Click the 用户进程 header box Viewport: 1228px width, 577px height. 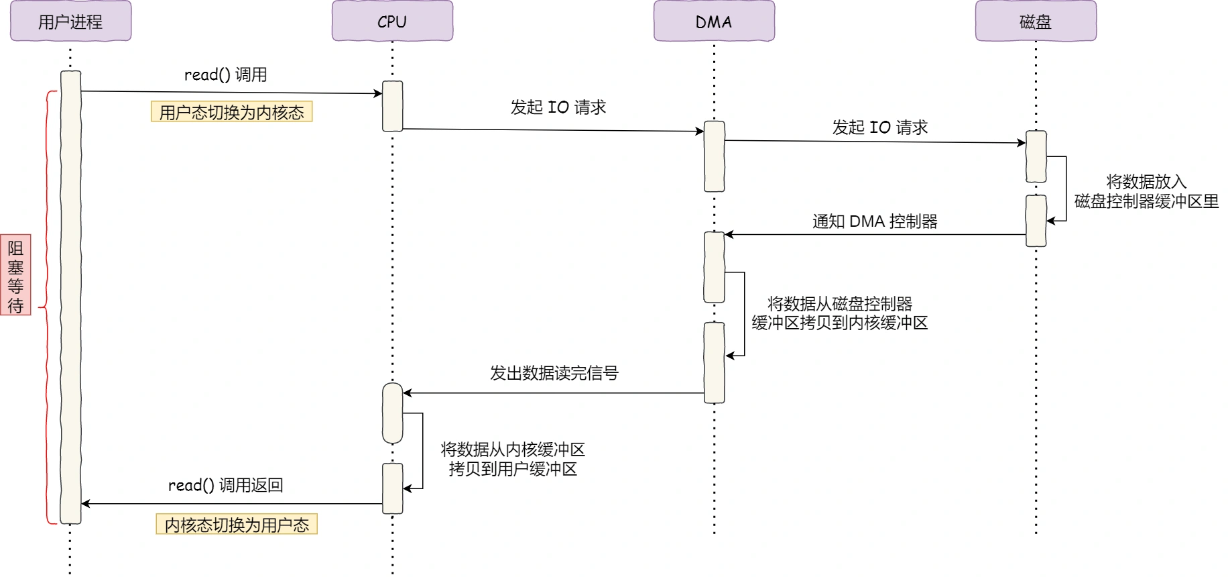[x=70, y=21]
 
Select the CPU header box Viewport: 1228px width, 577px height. [x=392, y=21]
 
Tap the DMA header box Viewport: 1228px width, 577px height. [x=714, y=21]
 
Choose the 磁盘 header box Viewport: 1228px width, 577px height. [x=1036, y=21]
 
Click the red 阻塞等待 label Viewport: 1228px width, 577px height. [x=15, y=275]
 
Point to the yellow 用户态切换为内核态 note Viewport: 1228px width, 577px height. [x=231, y=111]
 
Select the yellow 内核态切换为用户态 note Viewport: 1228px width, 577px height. [x=237, y=524]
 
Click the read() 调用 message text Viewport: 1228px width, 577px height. [x=225, y=74]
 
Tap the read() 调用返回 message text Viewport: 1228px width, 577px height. [x=225, y=485]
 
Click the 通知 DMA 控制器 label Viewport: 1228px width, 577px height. [x=875, y=221]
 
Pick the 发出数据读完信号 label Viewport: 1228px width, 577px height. [x=554, y=373]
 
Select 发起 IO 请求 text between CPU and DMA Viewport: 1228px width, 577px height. [x=558, y=107]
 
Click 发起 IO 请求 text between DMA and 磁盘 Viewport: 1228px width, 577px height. [x=879, y=127]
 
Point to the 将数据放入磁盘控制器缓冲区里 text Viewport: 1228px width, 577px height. [x=1146, y=191]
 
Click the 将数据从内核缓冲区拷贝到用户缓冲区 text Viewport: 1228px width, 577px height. [x=513, y=459]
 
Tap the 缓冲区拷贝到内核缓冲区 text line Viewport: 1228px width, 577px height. [x=839, y=323]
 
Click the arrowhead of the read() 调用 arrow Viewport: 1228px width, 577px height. [x=378, y=94]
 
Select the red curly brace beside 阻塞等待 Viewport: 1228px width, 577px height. [x=47, y=307]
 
